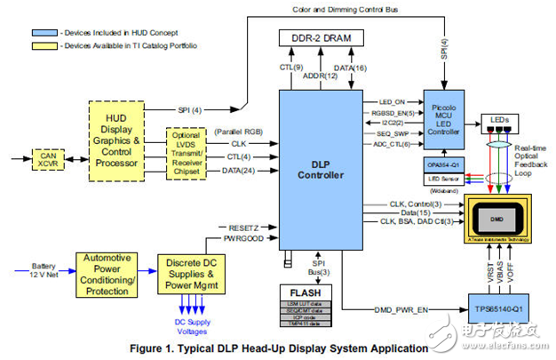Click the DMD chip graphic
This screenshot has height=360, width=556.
click(x=503, y=216)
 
